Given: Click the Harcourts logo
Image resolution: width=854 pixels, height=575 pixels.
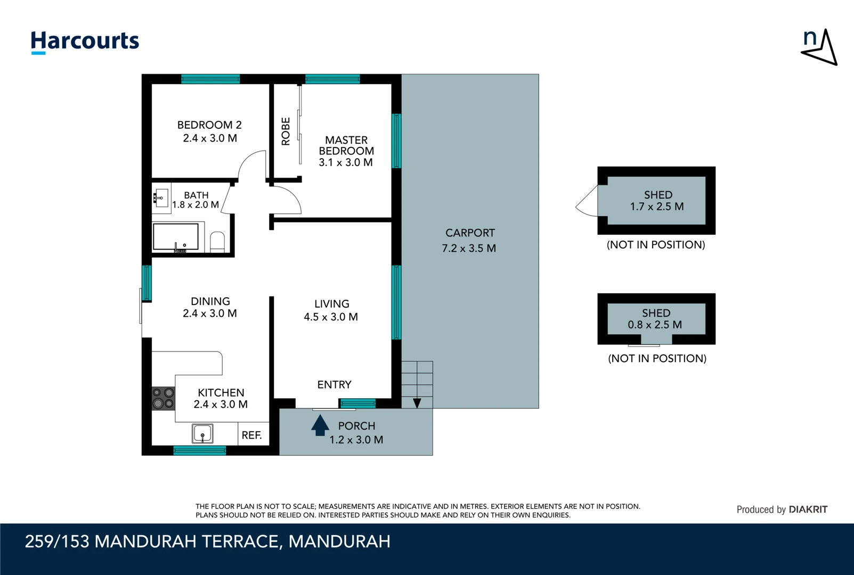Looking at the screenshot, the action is (x=85, y=42).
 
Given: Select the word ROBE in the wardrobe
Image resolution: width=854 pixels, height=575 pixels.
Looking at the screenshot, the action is (x=286, y=131).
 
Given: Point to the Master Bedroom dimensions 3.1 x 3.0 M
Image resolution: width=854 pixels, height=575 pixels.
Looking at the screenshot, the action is (x=346, y=162).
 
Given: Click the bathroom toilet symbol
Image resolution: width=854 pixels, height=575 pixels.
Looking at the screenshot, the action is (x=217, y=242).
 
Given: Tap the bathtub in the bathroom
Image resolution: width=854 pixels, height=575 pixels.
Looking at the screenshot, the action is (x=175, y=237).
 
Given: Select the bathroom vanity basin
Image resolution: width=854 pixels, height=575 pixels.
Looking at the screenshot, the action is (x=161, y=198).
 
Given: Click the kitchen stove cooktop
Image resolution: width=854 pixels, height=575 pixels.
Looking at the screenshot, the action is (x=163, y=398).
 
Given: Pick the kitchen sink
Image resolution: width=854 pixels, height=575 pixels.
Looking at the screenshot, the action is (x=202, y=433).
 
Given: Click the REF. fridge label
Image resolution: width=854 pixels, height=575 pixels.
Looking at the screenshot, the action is (x=251, y=435).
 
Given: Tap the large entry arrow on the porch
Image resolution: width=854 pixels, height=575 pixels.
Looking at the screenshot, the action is (x=320, y=425).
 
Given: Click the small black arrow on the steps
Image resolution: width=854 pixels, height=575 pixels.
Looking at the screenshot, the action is (x=417, y=403).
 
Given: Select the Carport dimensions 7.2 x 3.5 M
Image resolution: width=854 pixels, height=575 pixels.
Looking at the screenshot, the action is (x=469, y=249).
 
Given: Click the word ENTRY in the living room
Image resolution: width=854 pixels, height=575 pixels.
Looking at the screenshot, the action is (x=335, y=384).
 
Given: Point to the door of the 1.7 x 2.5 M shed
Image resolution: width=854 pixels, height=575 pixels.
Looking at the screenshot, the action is (x=587, y=201).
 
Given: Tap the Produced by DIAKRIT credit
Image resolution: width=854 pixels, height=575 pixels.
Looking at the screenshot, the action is (x=782, y=510).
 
